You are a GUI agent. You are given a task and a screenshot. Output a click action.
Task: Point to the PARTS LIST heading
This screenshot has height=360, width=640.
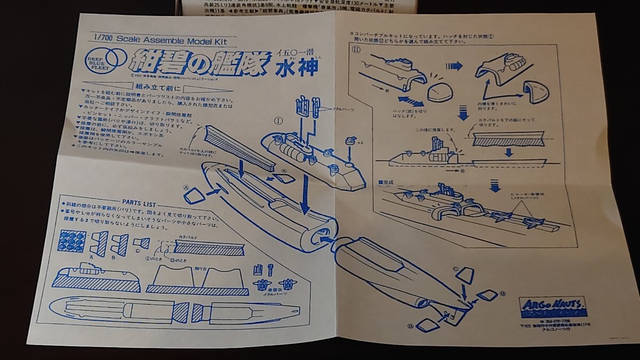pos(139,202)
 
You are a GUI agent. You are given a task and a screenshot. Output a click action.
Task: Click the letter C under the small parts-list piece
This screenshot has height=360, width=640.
pos(137,251)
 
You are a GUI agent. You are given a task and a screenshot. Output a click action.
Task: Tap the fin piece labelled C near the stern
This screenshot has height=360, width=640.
pos(465,276)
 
